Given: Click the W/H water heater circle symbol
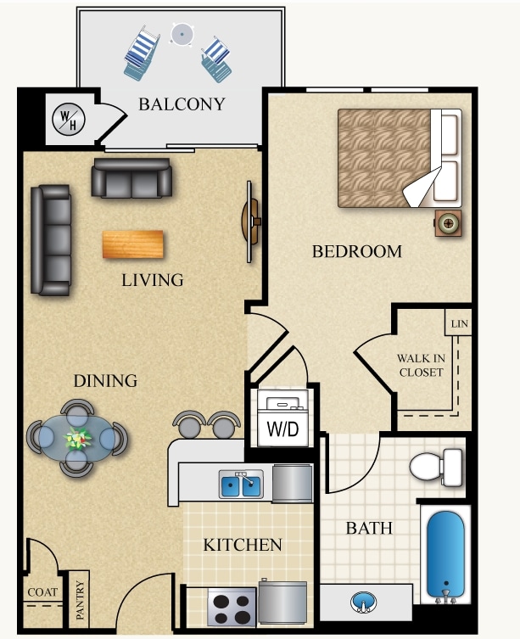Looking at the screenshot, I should tap(65, 120).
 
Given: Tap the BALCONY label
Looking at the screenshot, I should tap(182, 104).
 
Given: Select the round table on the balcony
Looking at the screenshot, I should tap(180, 34).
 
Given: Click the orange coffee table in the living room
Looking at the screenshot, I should tap(133, 244).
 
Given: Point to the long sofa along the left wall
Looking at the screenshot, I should tap(50, 240).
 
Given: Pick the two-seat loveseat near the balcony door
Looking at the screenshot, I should tap(131, 178).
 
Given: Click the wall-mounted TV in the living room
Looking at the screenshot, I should tap(250, 221).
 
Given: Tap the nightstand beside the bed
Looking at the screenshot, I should tap(448, 223).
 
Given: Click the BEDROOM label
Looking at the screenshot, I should tap(356, 251).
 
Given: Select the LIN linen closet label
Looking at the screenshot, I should tap(459, 324).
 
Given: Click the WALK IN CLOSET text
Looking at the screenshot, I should tap(421, 365).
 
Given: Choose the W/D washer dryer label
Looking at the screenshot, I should tap(282, 429).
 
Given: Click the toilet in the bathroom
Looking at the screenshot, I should tap(437, 466).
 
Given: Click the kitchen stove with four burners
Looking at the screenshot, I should tap(232, 608).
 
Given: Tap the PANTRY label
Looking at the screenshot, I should tap(81, 599).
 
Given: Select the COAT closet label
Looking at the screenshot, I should tap(41, 591).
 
